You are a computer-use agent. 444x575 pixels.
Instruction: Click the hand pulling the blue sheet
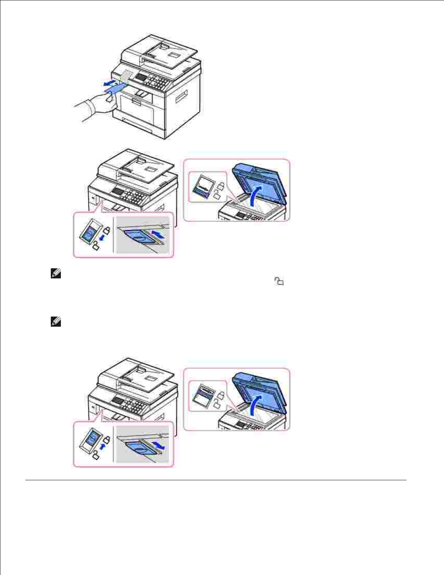tap(98, 105)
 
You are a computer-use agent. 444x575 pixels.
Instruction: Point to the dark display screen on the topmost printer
tap(141, 77)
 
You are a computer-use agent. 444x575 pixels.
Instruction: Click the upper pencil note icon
tap(56, 274)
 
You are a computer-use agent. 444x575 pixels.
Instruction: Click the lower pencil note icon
tap(56, 322)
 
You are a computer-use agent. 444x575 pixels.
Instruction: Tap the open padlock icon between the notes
tap(279, 281)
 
